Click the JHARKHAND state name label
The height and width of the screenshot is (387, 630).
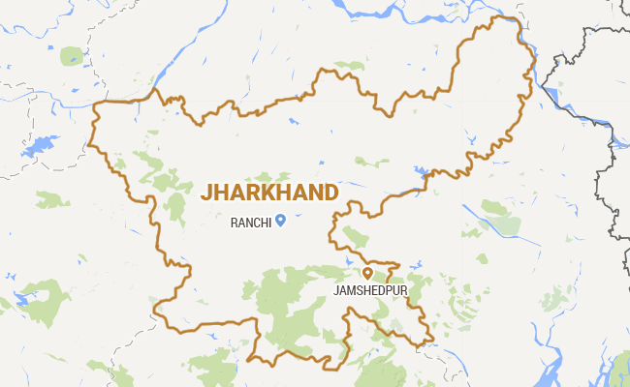(x=268, y=192)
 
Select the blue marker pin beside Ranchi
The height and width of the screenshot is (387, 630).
(x=280, y=221)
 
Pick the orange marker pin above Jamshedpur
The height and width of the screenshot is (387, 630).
(x=366, y=274)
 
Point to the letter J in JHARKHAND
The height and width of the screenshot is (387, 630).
(x=205, y=192)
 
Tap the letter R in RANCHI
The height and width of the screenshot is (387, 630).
(x=234, y=223)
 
